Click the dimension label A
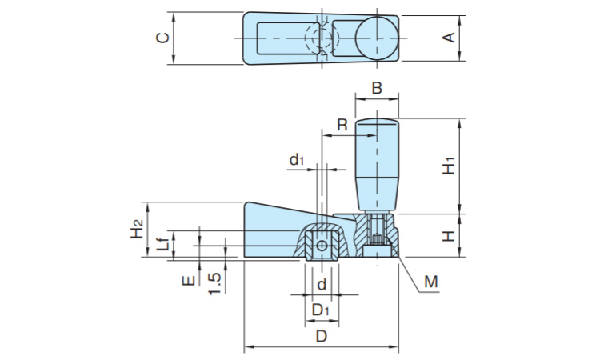pos(450,37)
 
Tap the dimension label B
pos(377,87)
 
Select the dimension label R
pos(342,125)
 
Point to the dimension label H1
pos(450,166)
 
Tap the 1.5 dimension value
pos(214,282)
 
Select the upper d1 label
pos(297,161)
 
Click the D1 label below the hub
pos(321,309)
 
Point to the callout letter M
pos(431,282)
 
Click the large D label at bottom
pos(321,337)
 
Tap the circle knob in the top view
pos(376,38)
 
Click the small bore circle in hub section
pos(321,246)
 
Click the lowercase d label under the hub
pos(321,285)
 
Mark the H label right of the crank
pos(450,236)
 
